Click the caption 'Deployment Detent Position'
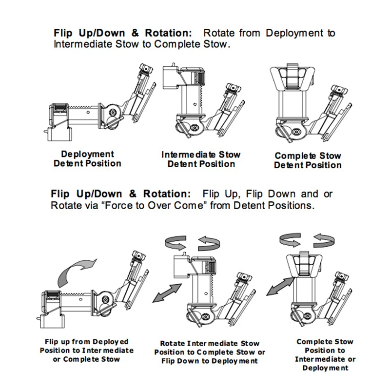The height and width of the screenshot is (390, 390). click(x=87, y=159)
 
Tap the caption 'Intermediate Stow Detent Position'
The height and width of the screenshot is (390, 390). click(x=201, y=159)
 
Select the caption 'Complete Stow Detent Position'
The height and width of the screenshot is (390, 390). click(x=308, y=160)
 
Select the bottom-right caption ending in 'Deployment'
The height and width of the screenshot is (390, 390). click(x=325, y=355)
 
